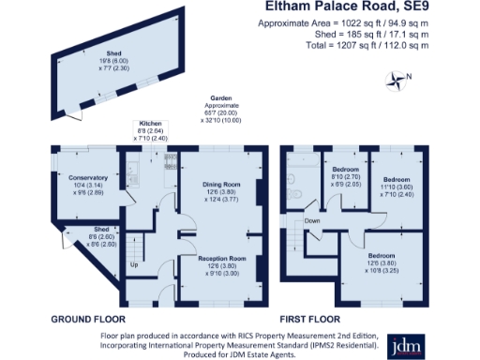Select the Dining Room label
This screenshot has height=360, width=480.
[222, 184]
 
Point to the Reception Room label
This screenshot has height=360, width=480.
[221, 257]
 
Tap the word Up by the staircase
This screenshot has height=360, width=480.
[134, 264]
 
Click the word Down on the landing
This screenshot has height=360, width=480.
[312, 221]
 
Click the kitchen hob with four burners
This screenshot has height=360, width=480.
[170, 160]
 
